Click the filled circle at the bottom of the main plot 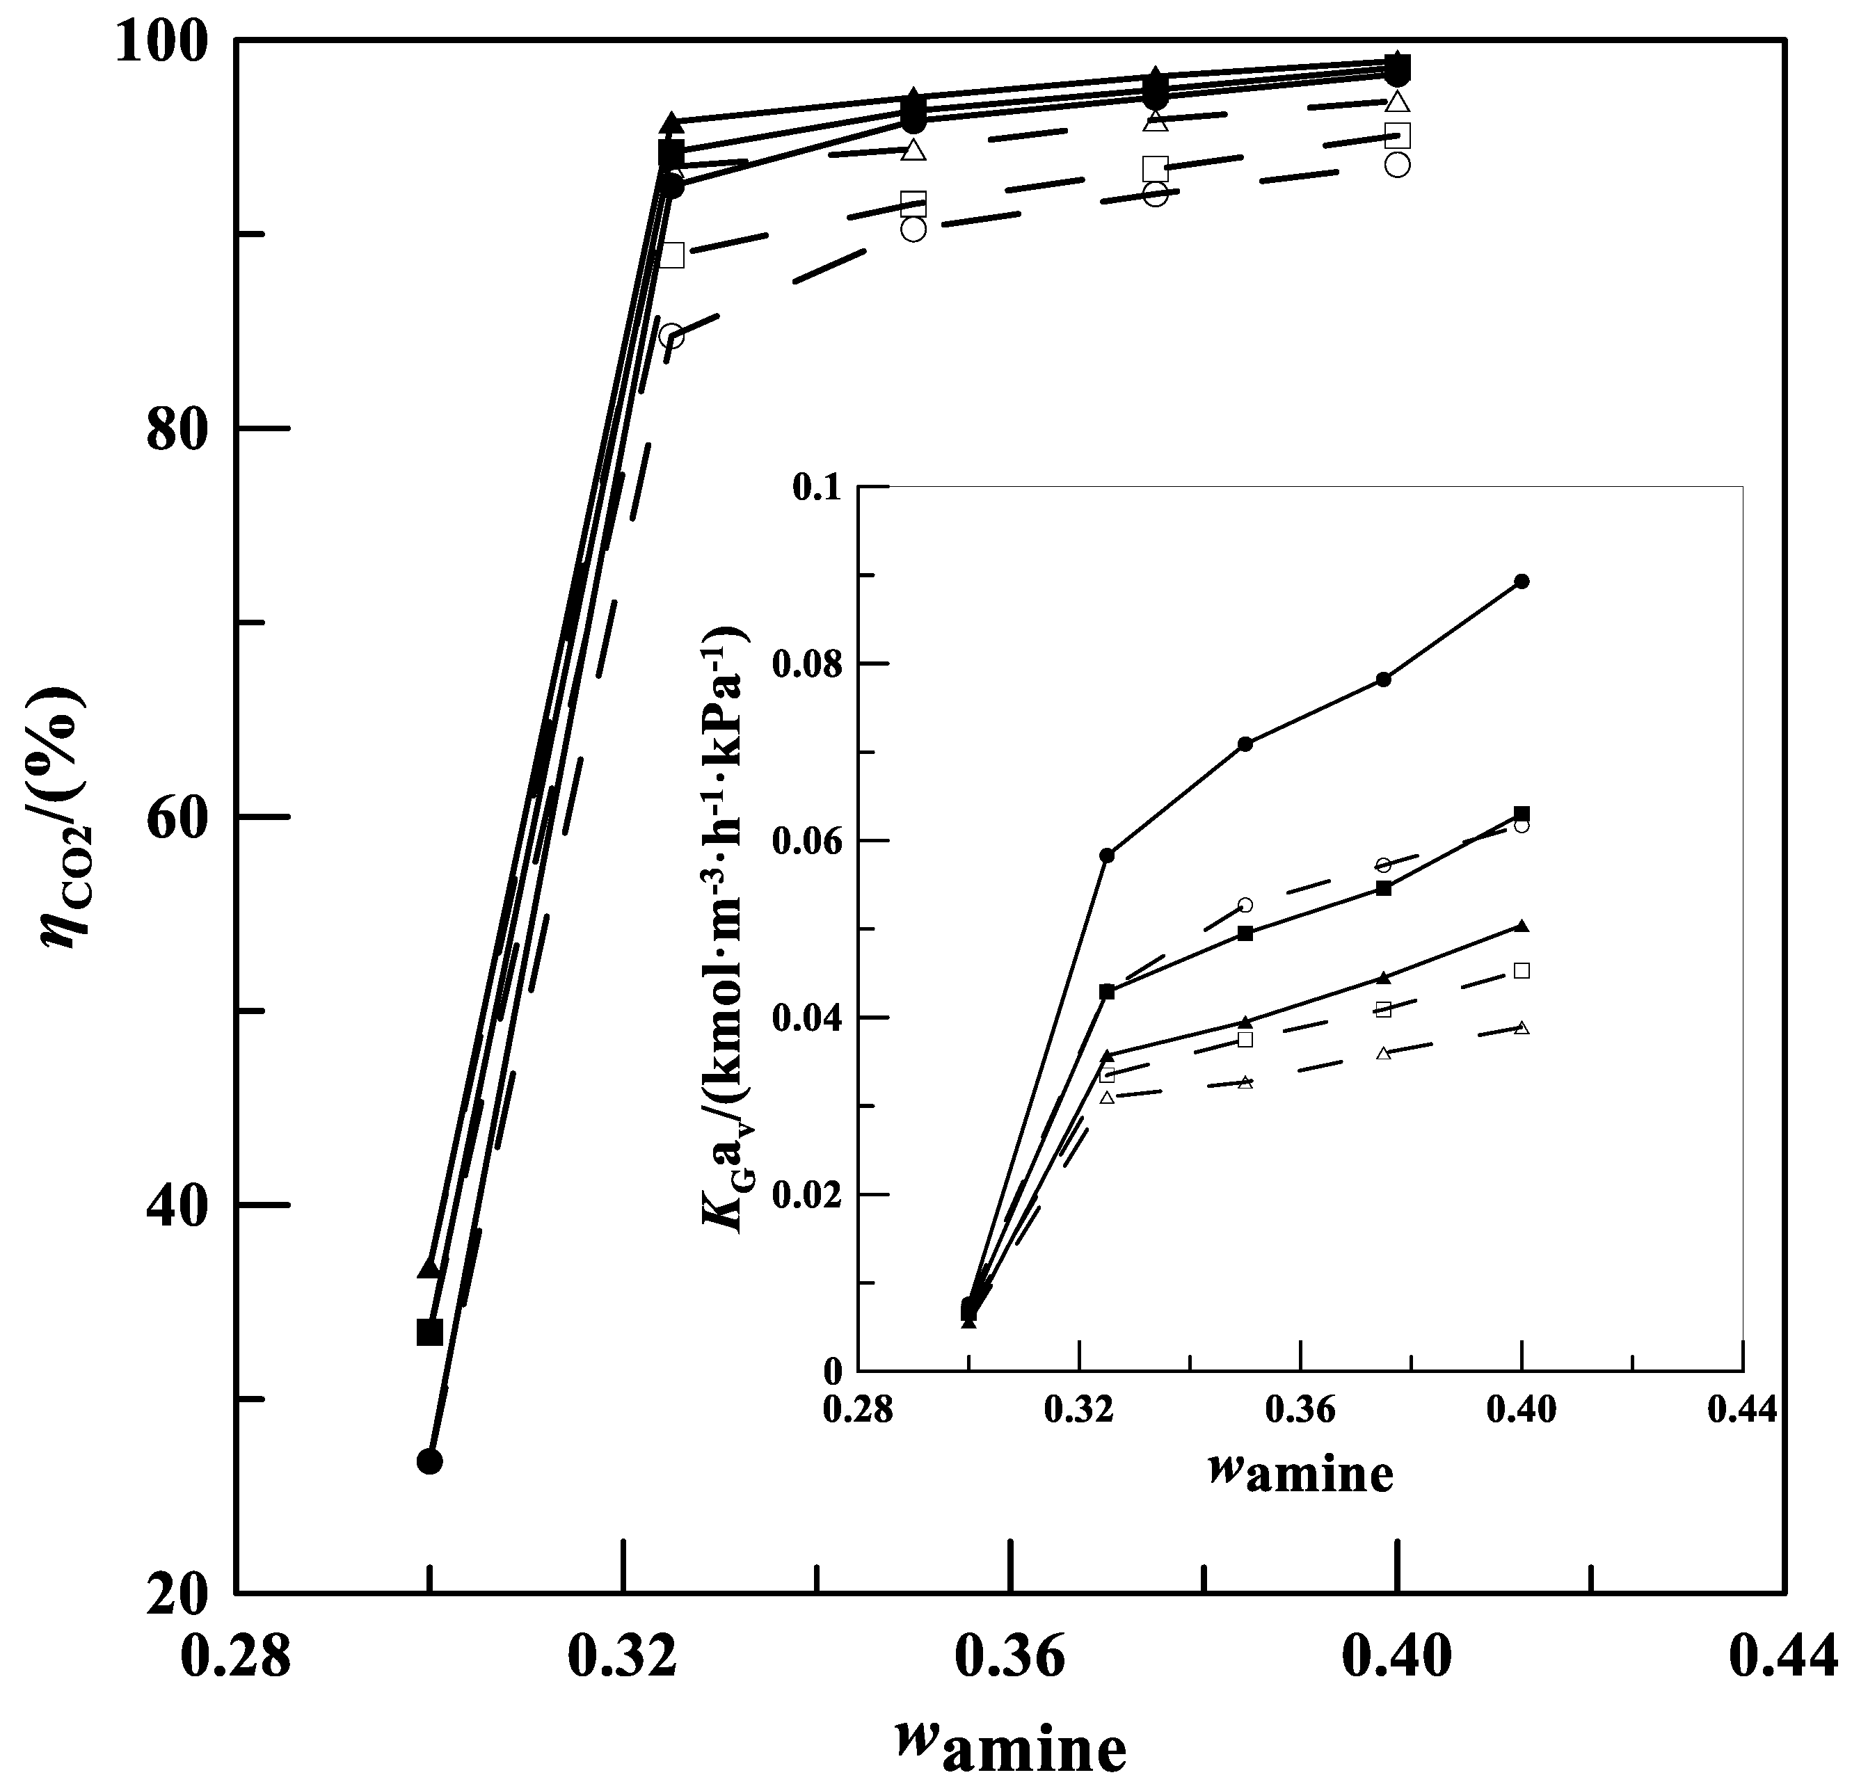pos(429,1461)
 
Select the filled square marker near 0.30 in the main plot pos(430,1333)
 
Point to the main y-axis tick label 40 pos(177,1206)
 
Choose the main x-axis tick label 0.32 pos(623,1659)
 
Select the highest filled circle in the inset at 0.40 pos(1522,581)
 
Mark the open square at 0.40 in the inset pos(1522,971)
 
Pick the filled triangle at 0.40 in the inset pos(1522,926)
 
